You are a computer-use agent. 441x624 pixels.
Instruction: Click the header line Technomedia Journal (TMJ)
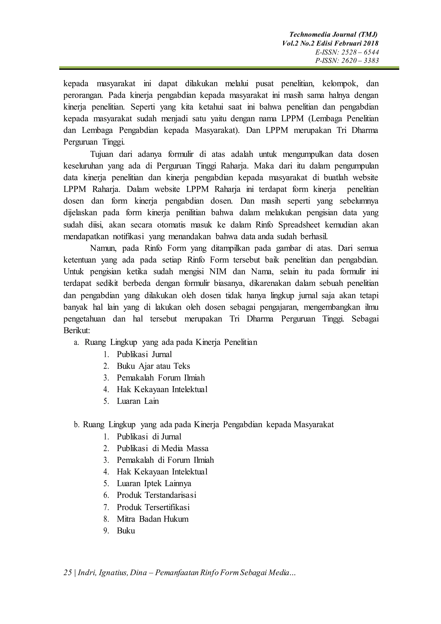pyautogui.click(x=333, y=34)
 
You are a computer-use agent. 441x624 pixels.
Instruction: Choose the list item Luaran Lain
pyautogui.click(x=138, y=401)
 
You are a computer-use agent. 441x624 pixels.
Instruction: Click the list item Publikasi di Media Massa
pyautogui.click(x=162, y=448)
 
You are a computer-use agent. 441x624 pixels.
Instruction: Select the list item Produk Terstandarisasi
pyautogui.click(x=156, y=495)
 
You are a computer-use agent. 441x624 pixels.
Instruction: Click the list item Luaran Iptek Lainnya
pyautogui.click(x=154, y=484)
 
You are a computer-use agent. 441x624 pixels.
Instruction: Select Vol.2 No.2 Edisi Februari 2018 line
pyautogui.click(x=330, y=43)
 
